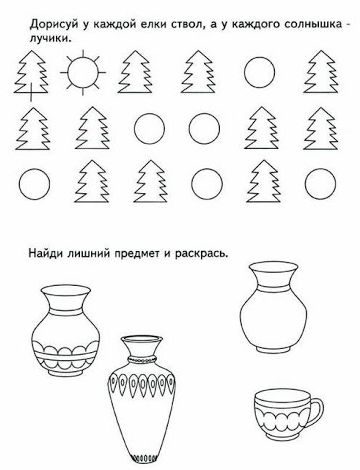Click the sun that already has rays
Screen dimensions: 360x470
pos(83,72)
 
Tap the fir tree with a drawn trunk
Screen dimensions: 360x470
pos(31,75)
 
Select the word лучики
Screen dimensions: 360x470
pos(50,39)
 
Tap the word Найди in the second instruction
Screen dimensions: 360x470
pos(45,254)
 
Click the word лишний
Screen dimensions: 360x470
pos(89,254)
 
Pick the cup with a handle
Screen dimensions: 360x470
pos(288,411)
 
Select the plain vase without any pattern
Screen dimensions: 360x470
pos(273,307)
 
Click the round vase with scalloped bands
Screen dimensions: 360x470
pos(66,332)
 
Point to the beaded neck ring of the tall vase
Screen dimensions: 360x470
pos(142,358)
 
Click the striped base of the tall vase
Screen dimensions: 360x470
pos(142,459)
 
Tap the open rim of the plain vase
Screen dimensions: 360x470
pos(273,267)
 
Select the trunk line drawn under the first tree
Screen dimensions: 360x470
pos(31,93)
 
